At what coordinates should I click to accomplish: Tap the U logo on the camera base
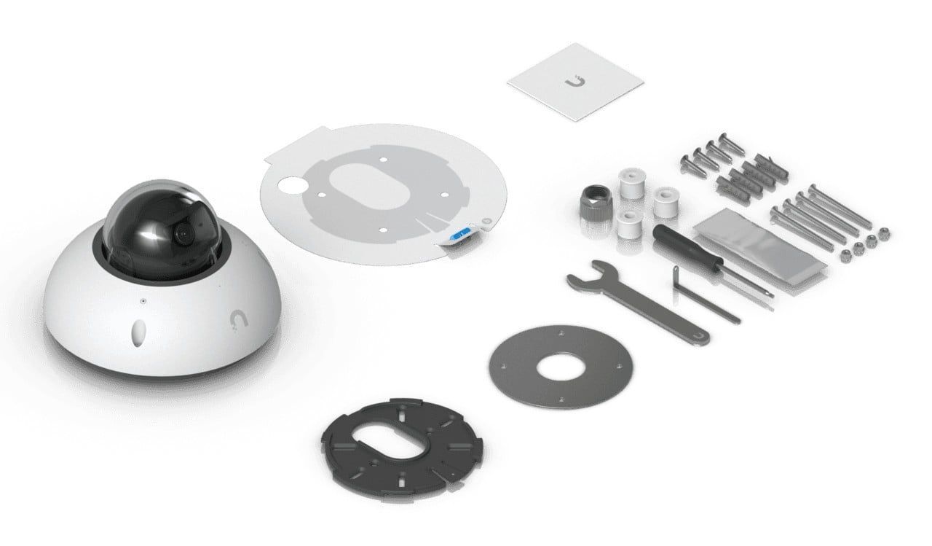236,321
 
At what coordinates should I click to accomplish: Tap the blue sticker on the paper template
462,235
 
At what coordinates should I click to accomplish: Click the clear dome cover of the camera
157,211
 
